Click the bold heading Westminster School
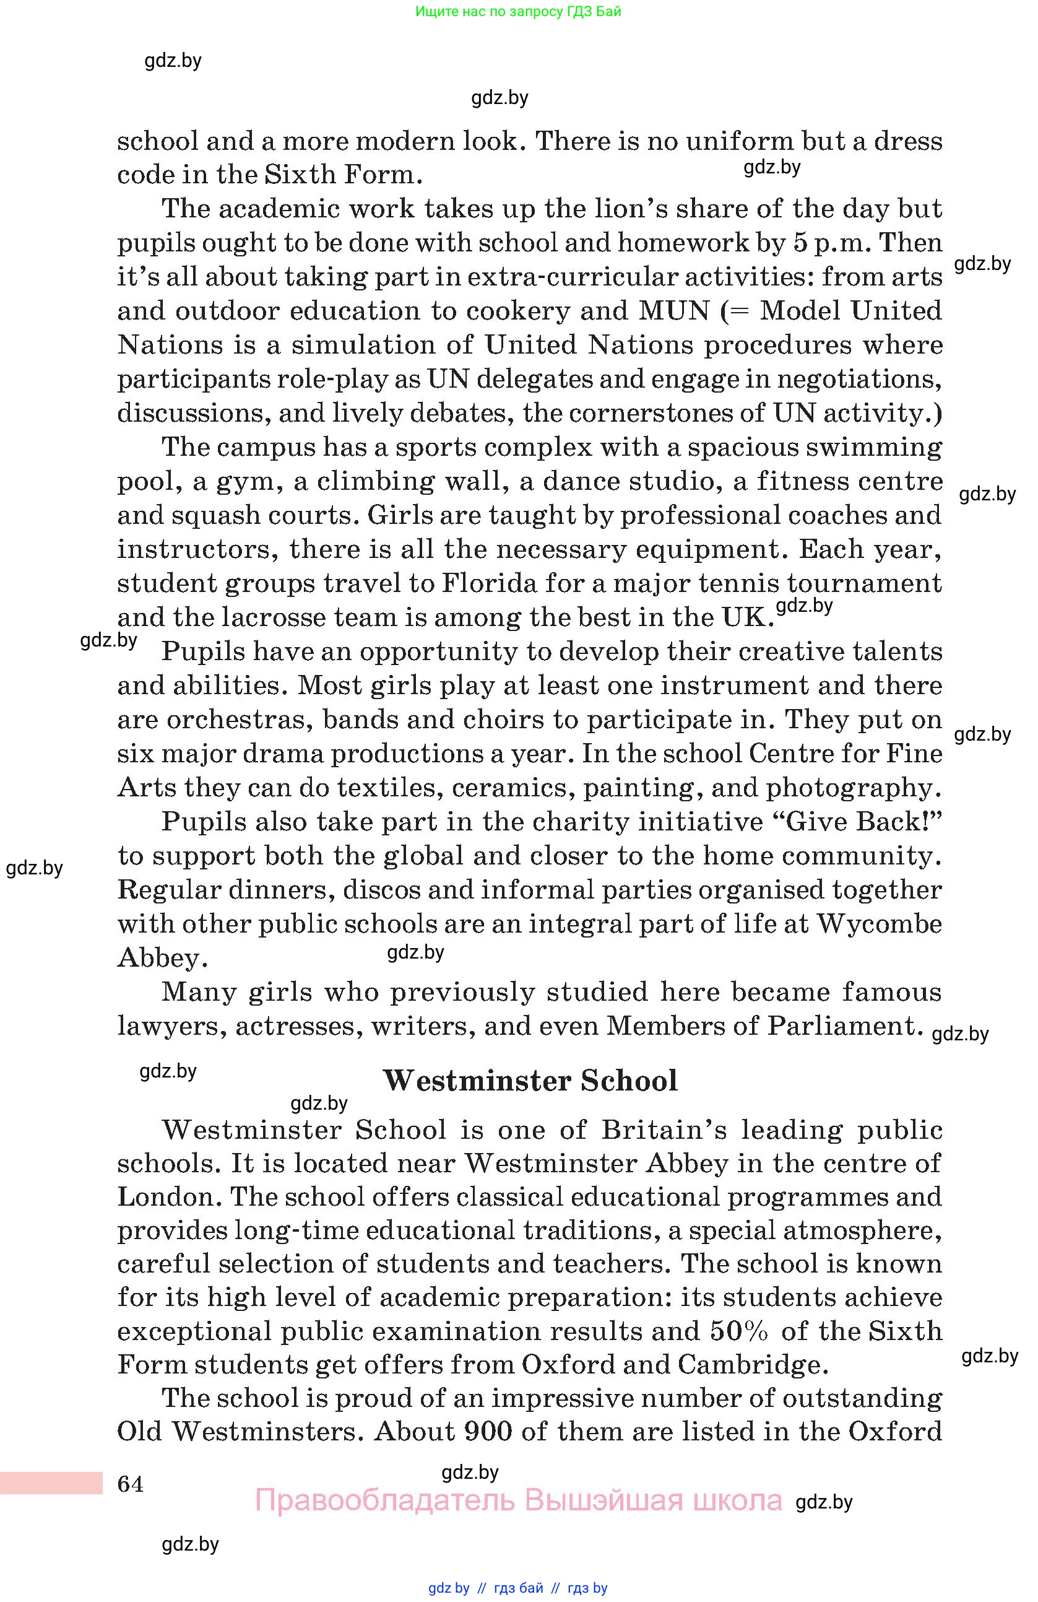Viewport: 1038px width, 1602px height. pyautogui.click(x=530, y=1081)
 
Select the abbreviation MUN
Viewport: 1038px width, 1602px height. pyautogui.click(x=673, y=311)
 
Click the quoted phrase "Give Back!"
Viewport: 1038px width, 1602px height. pyautogui.click(x=862, y=822)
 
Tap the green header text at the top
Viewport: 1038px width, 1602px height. pyautogui.click(x=518, y=11)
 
